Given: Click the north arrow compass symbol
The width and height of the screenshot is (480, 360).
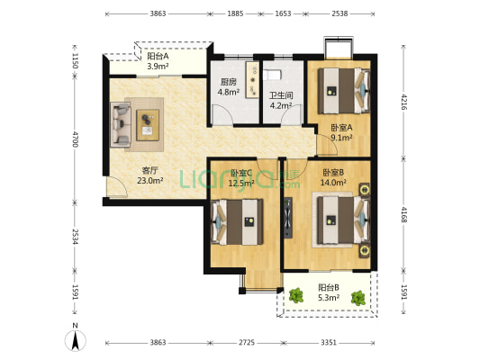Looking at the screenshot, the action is (x=75, y=340).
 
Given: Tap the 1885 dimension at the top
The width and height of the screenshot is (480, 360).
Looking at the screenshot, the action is (x=235, y=13).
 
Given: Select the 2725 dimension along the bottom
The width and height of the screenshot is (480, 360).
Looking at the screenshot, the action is (x=247, y=343).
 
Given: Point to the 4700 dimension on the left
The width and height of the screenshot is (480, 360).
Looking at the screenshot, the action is (x=76, y=139).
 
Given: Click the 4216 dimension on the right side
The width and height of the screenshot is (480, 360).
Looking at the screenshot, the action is (x=404, y=102).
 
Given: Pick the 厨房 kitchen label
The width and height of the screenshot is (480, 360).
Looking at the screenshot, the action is (x=229, y=82).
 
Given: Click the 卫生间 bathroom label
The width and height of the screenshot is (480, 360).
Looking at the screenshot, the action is (x=281, y=95).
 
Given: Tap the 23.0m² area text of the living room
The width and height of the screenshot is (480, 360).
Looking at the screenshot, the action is (x=149, y=181).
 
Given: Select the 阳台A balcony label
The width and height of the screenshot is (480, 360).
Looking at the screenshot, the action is (x=158, y=57).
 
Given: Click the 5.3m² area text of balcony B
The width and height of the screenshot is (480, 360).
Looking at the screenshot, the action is (x=329, y=297).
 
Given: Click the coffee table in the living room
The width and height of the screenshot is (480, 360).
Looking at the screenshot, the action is (x=148, y=125).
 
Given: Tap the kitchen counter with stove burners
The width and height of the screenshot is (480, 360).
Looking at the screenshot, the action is (x=252, y=80).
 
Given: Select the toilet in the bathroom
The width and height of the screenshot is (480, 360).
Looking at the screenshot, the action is (x=272, y=76).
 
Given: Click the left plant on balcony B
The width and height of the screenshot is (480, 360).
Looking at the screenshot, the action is (x=296, y=295).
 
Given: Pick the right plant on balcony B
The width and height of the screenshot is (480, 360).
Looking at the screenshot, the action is (x=358, y=298).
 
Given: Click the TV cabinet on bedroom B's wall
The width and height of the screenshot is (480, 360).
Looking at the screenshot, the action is (x=288, y=218).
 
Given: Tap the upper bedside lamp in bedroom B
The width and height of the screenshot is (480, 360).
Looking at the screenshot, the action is (x=365, y=190).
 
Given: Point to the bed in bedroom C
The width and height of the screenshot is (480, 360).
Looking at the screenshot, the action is (x=237, y=222).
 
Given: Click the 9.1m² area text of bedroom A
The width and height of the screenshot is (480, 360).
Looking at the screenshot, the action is (x=341, y=138).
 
